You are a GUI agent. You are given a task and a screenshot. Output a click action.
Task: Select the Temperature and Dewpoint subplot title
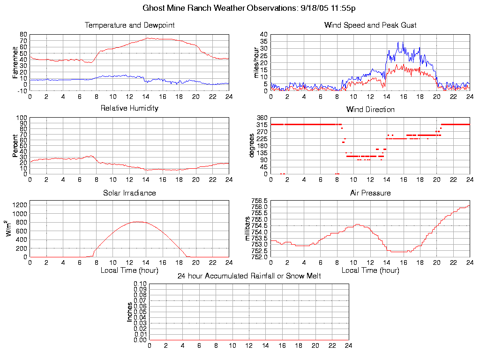[x=129, y=25]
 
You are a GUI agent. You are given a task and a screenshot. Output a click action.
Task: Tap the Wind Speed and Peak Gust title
[x=370, y=25]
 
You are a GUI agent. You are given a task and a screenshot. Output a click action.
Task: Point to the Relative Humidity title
[x=129, y=108]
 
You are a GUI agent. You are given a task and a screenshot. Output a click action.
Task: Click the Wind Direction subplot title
[x=370, y=110]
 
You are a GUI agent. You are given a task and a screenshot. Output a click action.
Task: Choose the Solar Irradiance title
[x=129, y=193]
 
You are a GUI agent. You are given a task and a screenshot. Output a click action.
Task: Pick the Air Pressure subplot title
[x=370, y=193]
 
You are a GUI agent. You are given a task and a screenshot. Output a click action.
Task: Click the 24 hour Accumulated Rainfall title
[x=249, y=276]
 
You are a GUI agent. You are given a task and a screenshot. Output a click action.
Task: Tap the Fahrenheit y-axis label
[x=15, y=62]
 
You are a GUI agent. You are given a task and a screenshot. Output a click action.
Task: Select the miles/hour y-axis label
[x=256, y=62]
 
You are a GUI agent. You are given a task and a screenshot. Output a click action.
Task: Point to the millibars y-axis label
[x=249, y=229]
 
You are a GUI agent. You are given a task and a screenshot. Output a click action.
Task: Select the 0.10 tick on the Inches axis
[x=140, y=284]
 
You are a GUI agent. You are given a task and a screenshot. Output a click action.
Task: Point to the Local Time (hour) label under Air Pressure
[x=370, y=270]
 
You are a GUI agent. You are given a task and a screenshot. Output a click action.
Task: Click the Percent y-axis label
[x=15, y=146]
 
